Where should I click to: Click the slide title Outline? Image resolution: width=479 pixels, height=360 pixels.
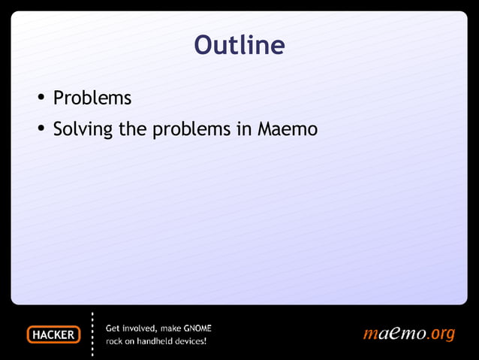239,45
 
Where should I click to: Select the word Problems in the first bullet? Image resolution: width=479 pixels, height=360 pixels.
92,98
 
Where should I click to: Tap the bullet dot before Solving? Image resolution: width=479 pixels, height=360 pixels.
41,130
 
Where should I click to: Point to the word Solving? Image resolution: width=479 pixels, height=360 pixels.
83,130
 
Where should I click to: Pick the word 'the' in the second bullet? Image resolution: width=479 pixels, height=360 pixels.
132,129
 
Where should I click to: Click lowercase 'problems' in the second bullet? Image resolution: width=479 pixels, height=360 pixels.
191,130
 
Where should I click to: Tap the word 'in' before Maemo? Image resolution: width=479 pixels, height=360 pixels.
244,129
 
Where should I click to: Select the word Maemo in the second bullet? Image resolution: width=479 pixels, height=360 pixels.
288,129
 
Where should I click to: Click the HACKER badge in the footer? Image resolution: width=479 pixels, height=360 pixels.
53,335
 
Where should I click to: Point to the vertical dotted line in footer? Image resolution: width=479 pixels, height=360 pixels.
92,334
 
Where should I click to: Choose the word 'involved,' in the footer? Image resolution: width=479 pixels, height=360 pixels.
140,328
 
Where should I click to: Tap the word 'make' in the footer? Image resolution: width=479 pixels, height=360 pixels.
173,328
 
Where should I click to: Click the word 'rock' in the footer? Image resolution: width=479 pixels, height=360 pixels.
115,342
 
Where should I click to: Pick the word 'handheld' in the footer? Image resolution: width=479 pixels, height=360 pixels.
157,342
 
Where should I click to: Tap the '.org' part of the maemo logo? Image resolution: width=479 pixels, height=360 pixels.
441,334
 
